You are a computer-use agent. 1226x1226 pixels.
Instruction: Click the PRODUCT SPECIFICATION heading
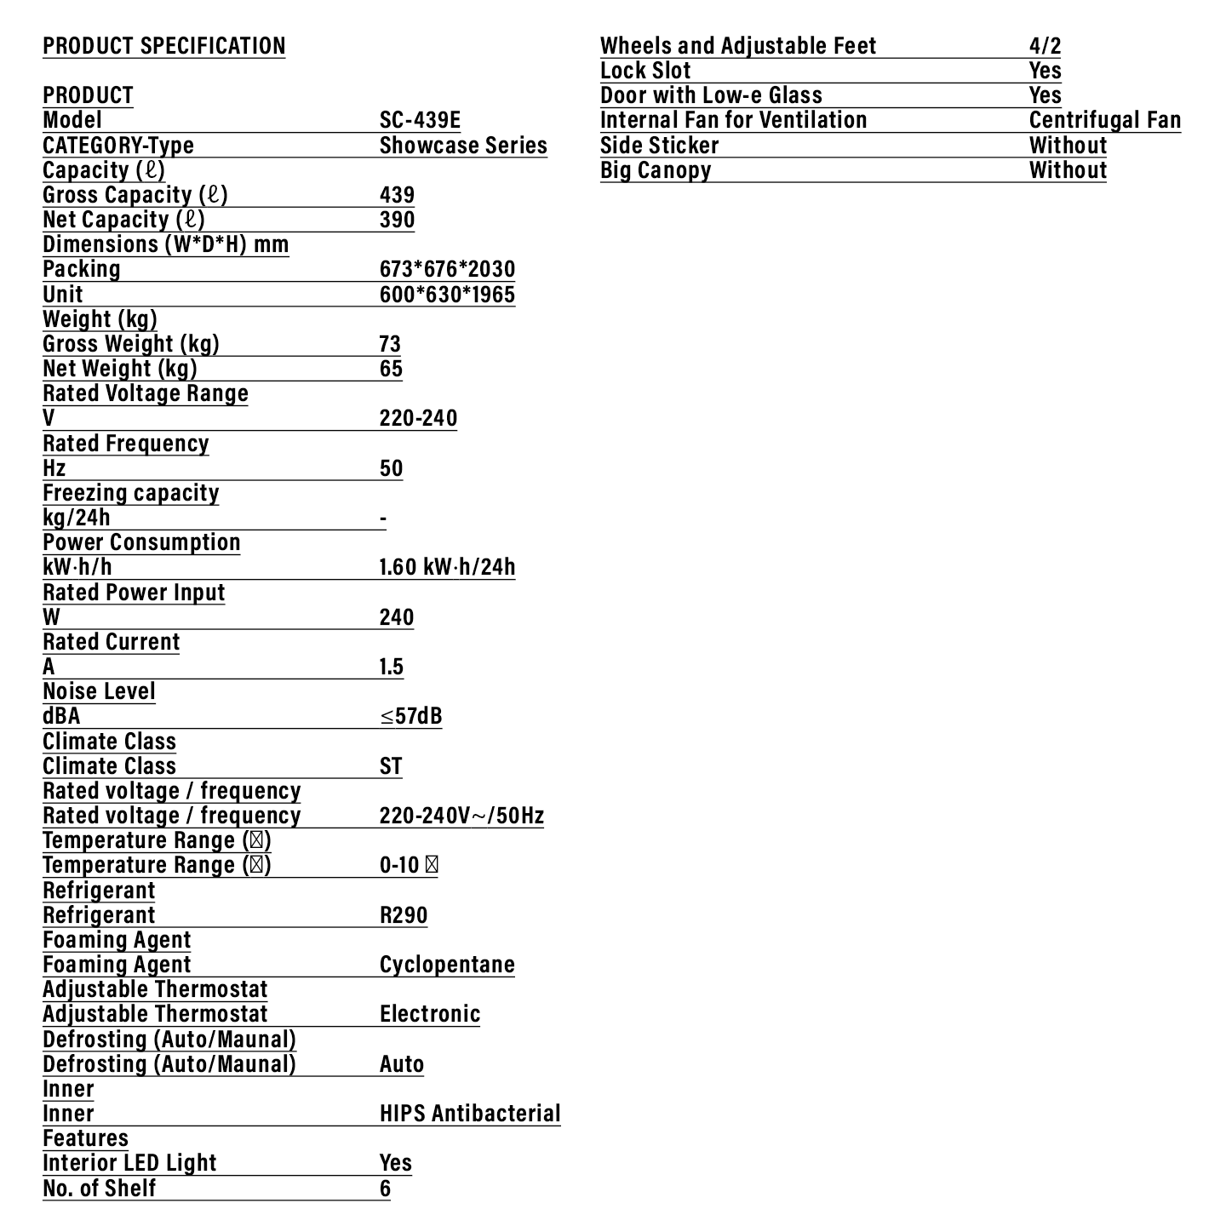point(164,46)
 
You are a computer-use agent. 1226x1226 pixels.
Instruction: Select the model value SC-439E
point(420,120)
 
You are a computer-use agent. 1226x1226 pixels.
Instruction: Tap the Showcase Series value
point(463,146)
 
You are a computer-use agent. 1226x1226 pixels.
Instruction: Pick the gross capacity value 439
point(397,195)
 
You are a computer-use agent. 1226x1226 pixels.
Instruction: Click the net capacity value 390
point(397,220)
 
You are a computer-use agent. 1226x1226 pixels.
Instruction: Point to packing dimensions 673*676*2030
point(447,269)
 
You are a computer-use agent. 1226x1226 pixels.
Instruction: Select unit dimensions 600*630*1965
point(447,295)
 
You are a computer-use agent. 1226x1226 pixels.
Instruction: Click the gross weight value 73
point(390,344)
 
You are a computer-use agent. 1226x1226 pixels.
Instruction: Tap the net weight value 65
point(391,369)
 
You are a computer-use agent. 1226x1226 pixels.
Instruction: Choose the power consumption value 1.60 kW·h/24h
point(447,567)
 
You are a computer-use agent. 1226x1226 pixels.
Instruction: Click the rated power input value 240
point(397,617)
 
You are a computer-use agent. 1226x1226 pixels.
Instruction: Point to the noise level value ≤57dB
point(410,716)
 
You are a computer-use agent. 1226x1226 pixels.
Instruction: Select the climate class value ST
point(391,766)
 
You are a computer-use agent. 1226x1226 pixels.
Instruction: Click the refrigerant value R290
point(404,915)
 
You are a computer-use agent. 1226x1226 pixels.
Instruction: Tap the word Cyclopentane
point(447,965)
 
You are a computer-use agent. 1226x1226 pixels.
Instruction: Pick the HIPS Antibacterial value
point(470,1114)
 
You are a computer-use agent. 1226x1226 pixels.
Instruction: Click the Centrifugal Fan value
point(1105,120)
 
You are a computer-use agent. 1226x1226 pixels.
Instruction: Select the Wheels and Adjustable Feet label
point(738,46)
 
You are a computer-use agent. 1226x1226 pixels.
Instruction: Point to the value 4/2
point(1045,46)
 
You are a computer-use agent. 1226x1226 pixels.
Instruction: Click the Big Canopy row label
point(656,170)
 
